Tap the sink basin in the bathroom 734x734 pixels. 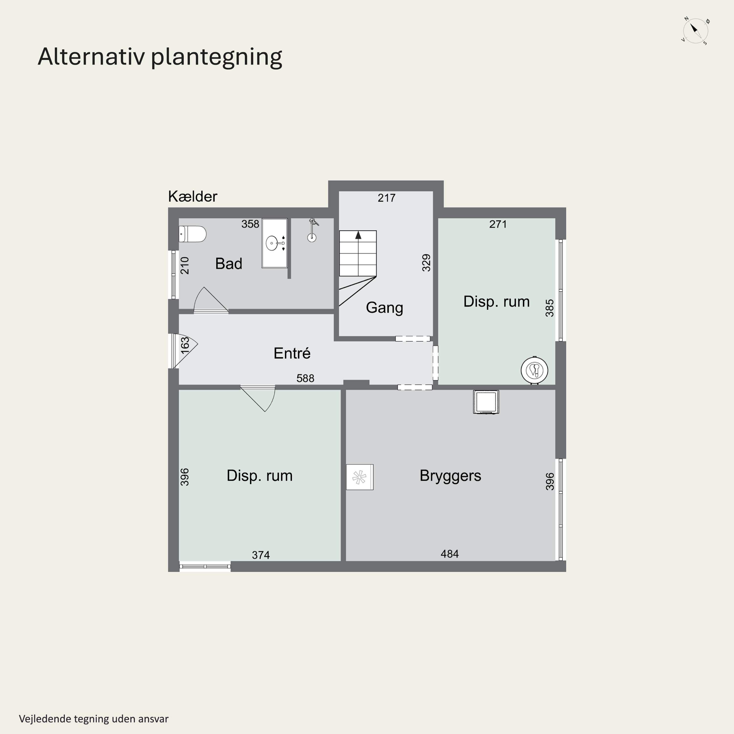[272, 243]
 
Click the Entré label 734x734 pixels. [292, 353]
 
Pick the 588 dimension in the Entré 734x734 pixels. [305, 378]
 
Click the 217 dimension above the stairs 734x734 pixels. [386, 198]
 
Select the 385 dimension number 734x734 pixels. [549, 308]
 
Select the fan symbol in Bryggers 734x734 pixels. [359, 477]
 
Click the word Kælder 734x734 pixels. [193, 197]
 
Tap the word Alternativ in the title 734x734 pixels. [92, 57]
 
